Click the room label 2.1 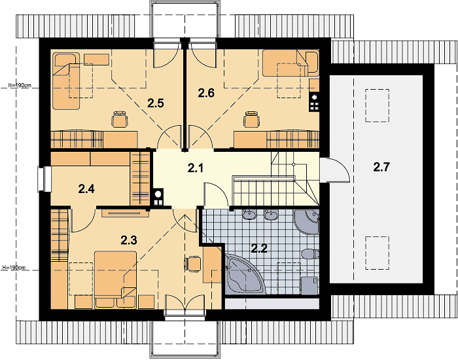195,168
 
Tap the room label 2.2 259,249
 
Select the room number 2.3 129,240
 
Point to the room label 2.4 86,189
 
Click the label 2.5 156,103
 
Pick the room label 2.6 206,93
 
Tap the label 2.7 381,168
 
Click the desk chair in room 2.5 120,119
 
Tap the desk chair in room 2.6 251,119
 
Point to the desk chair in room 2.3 192,264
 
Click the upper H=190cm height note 20,85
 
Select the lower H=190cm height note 14,267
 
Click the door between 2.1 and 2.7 335,170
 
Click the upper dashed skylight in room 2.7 377,105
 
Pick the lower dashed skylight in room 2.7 377,253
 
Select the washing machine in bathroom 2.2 309,285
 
